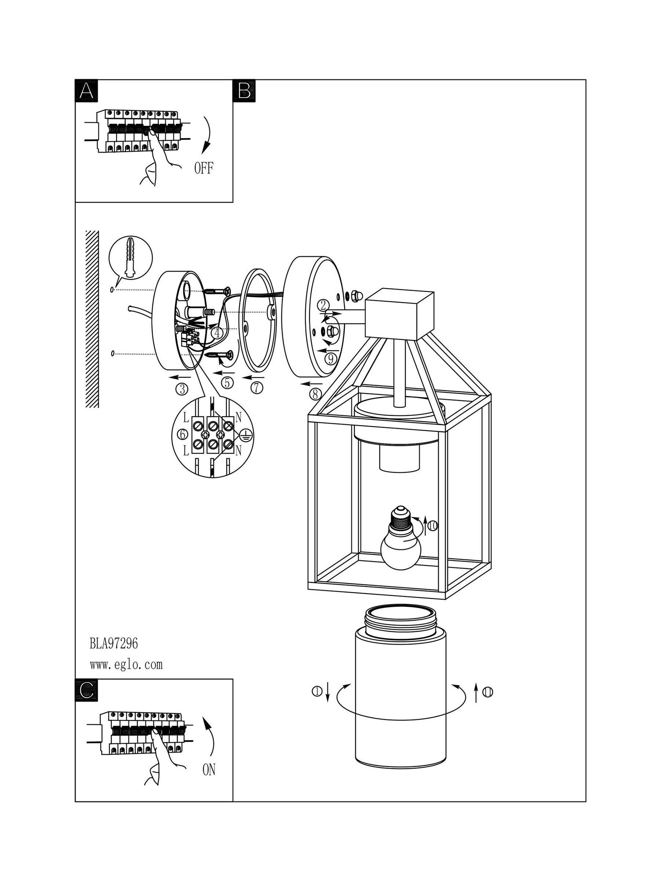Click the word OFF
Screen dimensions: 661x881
coord(203,168)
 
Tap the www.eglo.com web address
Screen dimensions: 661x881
coord(126,664)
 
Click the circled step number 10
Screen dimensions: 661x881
coord(432,526)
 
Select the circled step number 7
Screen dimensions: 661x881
coord(257,388)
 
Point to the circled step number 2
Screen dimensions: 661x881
coord(324,305)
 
